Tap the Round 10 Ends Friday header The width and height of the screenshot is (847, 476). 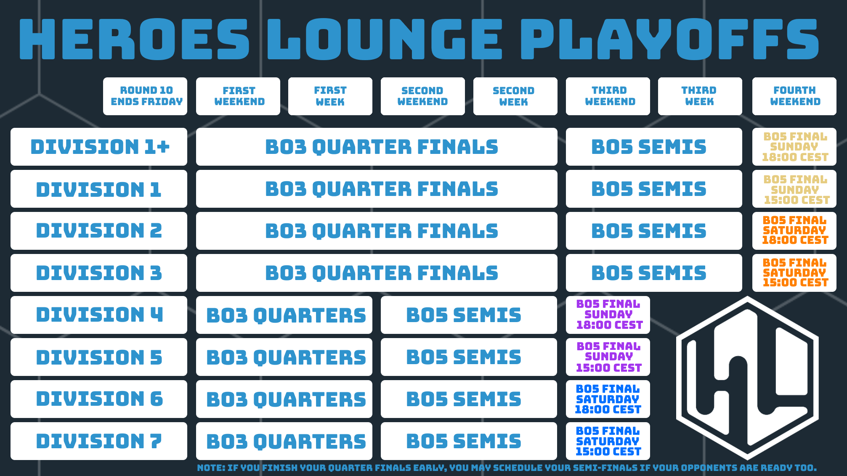tap(145, 96)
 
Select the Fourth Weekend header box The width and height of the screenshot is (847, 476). tap(794, 96)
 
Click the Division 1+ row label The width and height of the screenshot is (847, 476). tap(99, 147)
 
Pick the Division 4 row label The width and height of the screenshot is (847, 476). tap(99, 315)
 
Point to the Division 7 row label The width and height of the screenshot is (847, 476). tap(99, 441)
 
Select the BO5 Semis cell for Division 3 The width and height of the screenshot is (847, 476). tap(654, 273)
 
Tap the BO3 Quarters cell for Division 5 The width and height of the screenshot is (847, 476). tap(284, 357)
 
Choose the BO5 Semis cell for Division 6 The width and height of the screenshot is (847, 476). tap(469, 399)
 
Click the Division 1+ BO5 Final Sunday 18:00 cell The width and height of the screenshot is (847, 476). tap(794, 147)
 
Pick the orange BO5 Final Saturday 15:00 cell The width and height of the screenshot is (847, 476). tap(794, 273)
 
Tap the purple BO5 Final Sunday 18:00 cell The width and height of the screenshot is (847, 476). tap(608, 315)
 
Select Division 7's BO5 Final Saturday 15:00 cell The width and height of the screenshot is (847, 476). tap(608, 441)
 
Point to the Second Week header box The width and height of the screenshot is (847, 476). tap(515, 96)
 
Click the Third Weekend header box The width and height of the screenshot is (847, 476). tap(608, 96)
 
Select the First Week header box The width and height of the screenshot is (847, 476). tap(330, 96)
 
